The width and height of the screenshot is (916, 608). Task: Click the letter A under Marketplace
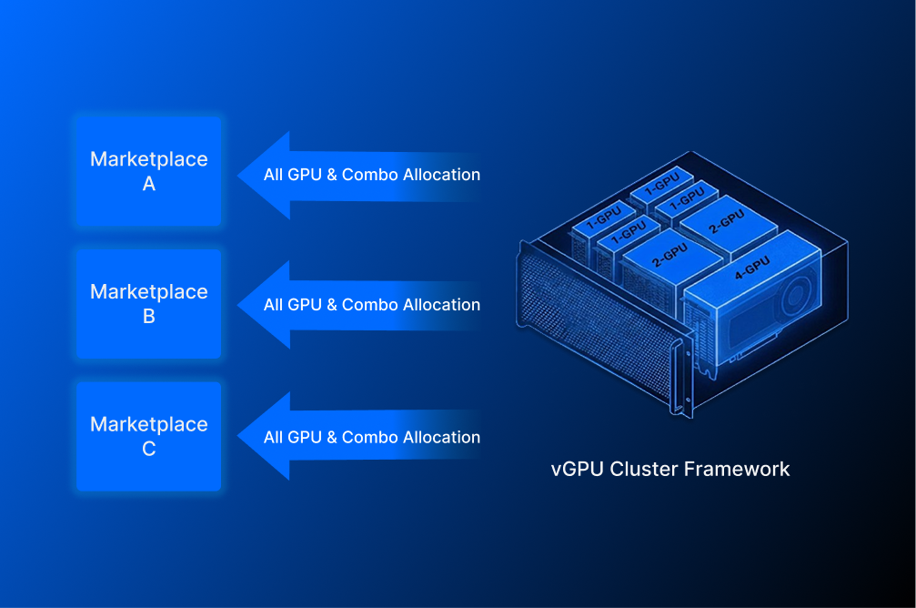coord(149,184)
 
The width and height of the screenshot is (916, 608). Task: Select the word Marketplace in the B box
coord(149,292)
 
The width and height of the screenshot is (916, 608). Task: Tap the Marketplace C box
coord(149,436)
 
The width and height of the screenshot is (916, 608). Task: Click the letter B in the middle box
coord(149,317)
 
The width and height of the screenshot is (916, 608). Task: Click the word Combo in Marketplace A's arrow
coord(369,175)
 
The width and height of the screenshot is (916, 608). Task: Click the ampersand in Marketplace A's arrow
coord(332,175)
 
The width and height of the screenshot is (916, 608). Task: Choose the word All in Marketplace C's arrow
coord(274,437)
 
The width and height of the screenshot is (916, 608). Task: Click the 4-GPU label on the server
coord(751,267)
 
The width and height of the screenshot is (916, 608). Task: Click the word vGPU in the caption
coord(578,470)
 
